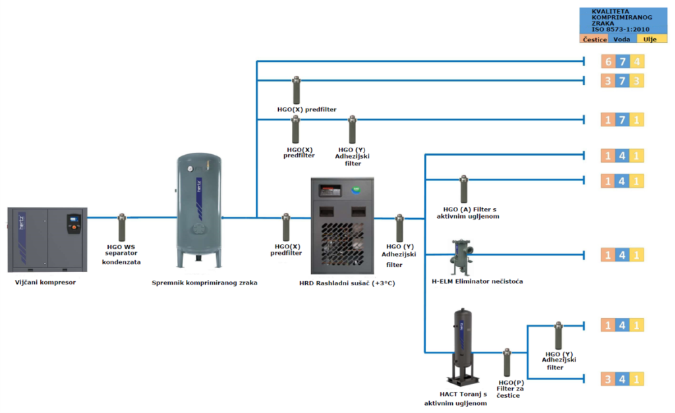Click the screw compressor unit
[47, 240]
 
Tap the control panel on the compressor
[74, 224]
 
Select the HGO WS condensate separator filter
[122, 228]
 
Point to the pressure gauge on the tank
[191, 169]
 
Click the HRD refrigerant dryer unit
[342, 226]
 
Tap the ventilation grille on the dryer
[343, 244]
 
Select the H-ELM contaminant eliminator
[461, 257]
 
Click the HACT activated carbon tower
[463, 346]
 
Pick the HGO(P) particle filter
[507, 362]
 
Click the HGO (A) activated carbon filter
[463, 189]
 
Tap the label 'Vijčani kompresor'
[45, 282]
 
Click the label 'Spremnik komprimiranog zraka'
[204, 283]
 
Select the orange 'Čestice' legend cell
[595, 39]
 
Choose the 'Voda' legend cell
[622, 39]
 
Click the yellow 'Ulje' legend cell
[651, 39]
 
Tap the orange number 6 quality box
[608, 61]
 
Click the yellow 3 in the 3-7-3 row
[637, 80]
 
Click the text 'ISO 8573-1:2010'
[620, 29]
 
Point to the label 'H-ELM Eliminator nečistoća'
[477, 281]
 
